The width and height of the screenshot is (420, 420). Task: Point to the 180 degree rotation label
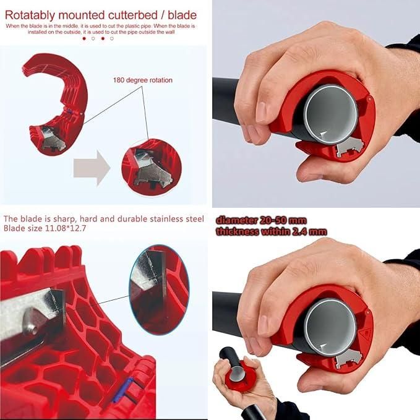point(142,80)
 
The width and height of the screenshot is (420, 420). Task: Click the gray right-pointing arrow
point(91,167)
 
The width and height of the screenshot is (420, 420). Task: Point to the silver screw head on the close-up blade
point(32,319)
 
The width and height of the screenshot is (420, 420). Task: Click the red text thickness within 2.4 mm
point(270,231)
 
